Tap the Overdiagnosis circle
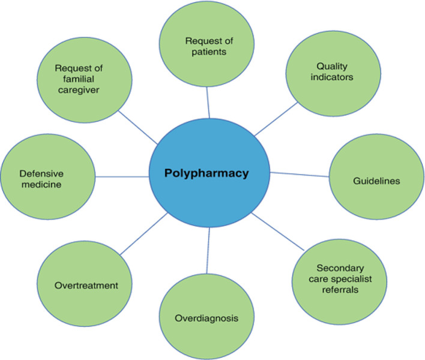click(x=206, y=317)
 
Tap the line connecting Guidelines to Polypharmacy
click(x=300, y=175)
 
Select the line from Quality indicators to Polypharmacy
click(x=276, y=119)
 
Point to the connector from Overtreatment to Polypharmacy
click(x=144, y=234)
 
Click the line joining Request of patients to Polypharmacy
click(x=208, y=101)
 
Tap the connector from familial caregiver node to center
click(x=138, y=127)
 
